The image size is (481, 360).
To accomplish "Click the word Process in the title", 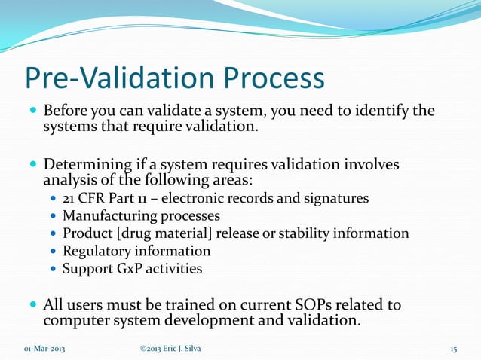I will pos(268,79).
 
